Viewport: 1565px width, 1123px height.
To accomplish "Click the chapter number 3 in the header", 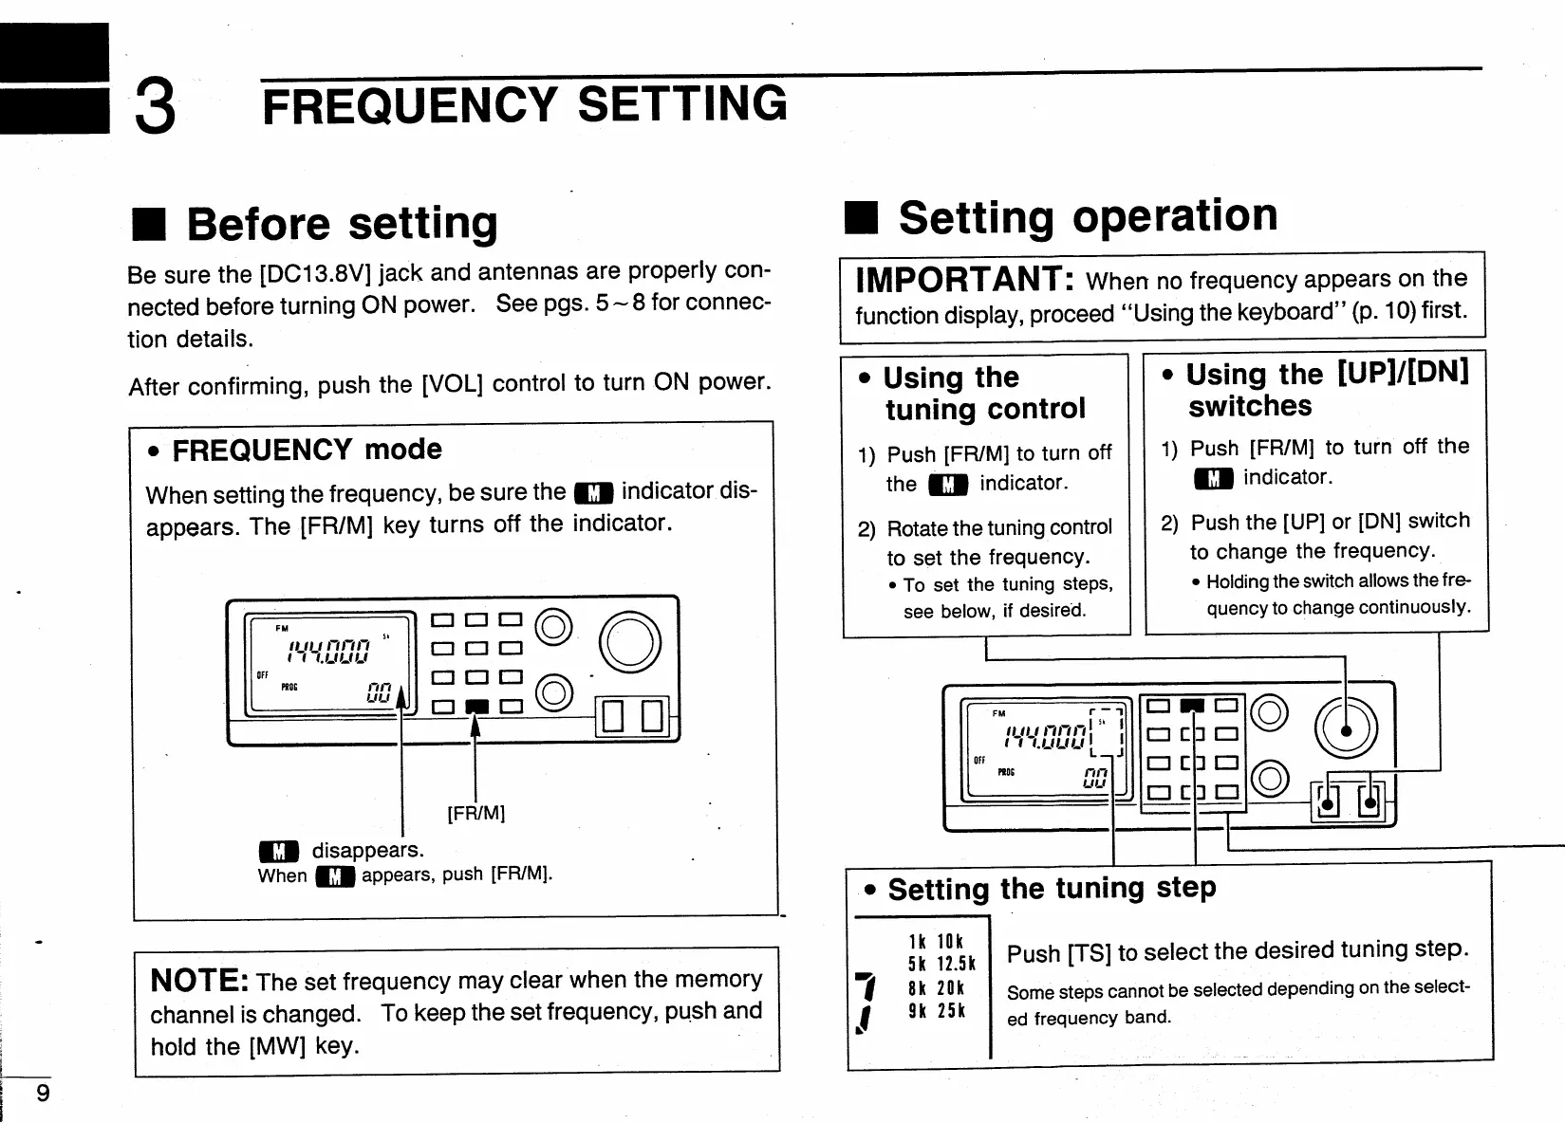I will tap(156, 107).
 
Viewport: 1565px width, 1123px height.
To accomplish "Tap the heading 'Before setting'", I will tap(342, 225).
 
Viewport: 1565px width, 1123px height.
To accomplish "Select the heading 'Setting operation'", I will tap(1088, 217).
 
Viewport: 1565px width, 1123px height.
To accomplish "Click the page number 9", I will tap(43, 1094).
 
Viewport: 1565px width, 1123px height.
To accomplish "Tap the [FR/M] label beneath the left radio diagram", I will tap(475, 813).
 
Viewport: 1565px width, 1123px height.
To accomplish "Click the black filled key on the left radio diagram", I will tap(477, 706).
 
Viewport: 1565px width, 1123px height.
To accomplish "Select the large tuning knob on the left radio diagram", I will tap(629, 642).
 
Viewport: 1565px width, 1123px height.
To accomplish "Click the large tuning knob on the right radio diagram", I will tap(1346, 728).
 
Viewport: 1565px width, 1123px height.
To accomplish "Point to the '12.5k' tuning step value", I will tap(956, 964).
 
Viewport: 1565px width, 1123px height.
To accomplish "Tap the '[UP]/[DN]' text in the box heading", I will tap(1403, 372).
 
